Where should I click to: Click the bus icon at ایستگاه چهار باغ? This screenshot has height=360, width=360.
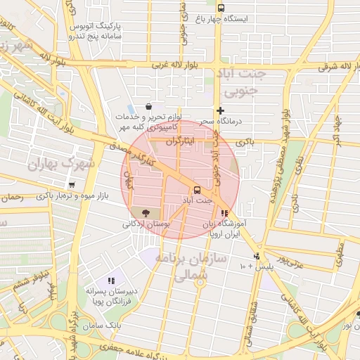click(x=221, y=8)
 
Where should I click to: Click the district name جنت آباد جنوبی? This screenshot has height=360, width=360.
click(x=240, y=81)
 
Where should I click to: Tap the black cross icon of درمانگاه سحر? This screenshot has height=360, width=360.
click(x=221, y=110)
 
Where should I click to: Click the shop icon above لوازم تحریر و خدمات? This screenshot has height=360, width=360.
click(x=149, y=106)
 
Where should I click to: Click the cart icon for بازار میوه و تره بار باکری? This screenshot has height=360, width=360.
click(x=72, y=184)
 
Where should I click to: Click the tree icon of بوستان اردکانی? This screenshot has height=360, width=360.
click(x=146, y=212)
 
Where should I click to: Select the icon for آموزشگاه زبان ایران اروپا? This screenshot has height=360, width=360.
click(x=224, y=213)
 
